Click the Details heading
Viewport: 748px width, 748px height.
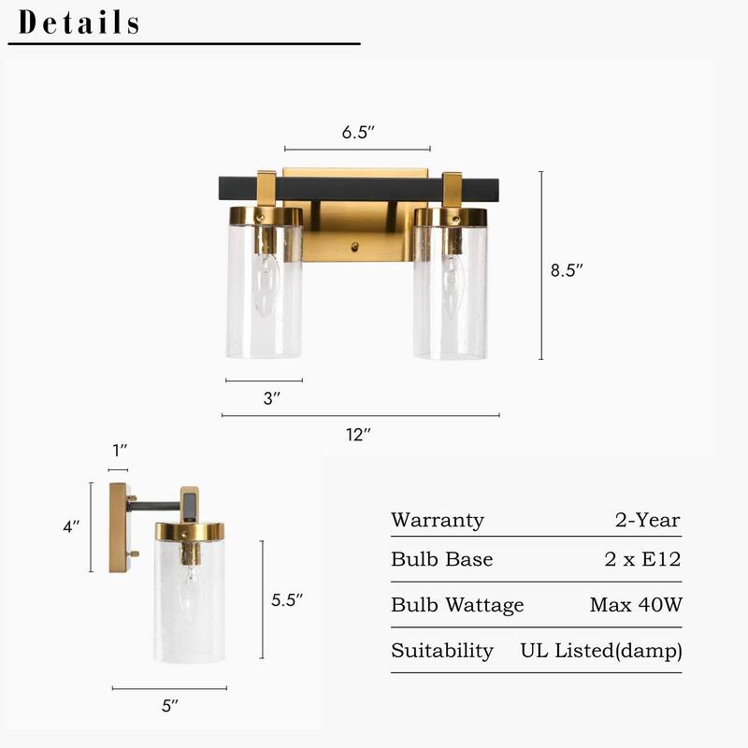pyautogui.click(x=79, y=22)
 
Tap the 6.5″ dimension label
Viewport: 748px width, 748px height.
pyautogui.click(x=358, y=132)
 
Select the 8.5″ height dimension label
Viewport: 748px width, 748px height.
pyautogui.click(x=567, y=270)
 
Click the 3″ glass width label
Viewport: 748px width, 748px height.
pyautogui.click(x=272, y=398)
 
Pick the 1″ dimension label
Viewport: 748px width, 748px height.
pyautogui.click(x=118, y=451)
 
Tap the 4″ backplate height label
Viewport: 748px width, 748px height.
pyautogui.click(x=71, y=527)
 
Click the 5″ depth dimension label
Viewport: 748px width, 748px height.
pyautogui.click(x=169, y=707)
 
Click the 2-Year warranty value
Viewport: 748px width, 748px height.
pyautogui.click(x=648, y=521)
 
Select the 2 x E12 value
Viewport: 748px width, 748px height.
pyautogui.click(x=642, y=560)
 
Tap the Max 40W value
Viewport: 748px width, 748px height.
pyautogui.click(x=636, y=605)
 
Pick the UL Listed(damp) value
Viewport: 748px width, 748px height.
pyautogui.click(x=601, y=650)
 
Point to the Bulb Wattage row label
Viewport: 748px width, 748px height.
pyautogui.click(x=457, y=605)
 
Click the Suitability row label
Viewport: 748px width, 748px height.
pyautogui.click(x=442, y=651)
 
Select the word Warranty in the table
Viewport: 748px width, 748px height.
pyautogui.click(x=438, y=521)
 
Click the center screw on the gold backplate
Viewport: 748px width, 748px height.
pyautogui.click(x=354, y=248)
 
